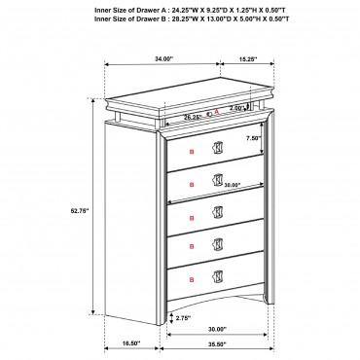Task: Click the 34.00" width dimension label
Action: pos(164,59)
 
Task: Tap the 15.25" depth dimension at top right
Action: pos(248,59)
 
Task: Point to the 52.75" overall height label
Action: pos(80,210)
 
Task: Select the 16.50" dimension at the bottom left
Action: pos(131,342)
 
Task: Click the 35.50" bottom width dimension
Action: pos(217,344)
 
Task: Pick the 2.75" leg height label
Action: pos(183,318)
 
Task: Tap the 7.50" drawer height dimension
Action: pos(253,138)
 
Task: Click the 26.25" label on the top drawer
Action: pos(193,118)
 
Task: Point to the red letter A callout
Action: pos(217,111)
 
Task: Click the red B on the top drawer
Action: pos(192,152)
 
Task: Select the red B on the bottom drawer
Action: pos(192,279)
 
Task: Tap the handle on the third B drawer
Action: pos(217,211)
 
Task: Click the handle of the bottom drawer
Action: pos(217,275)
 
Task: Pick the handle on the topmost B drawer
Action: pos(217,147)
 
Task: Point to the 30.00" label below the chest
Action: pos(217,329)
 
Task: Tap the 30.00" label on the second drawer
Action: pos(233,185)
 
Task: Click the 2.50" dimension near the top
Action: pos(236,108)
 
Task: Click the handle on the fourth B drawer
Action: pos(217,243)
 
